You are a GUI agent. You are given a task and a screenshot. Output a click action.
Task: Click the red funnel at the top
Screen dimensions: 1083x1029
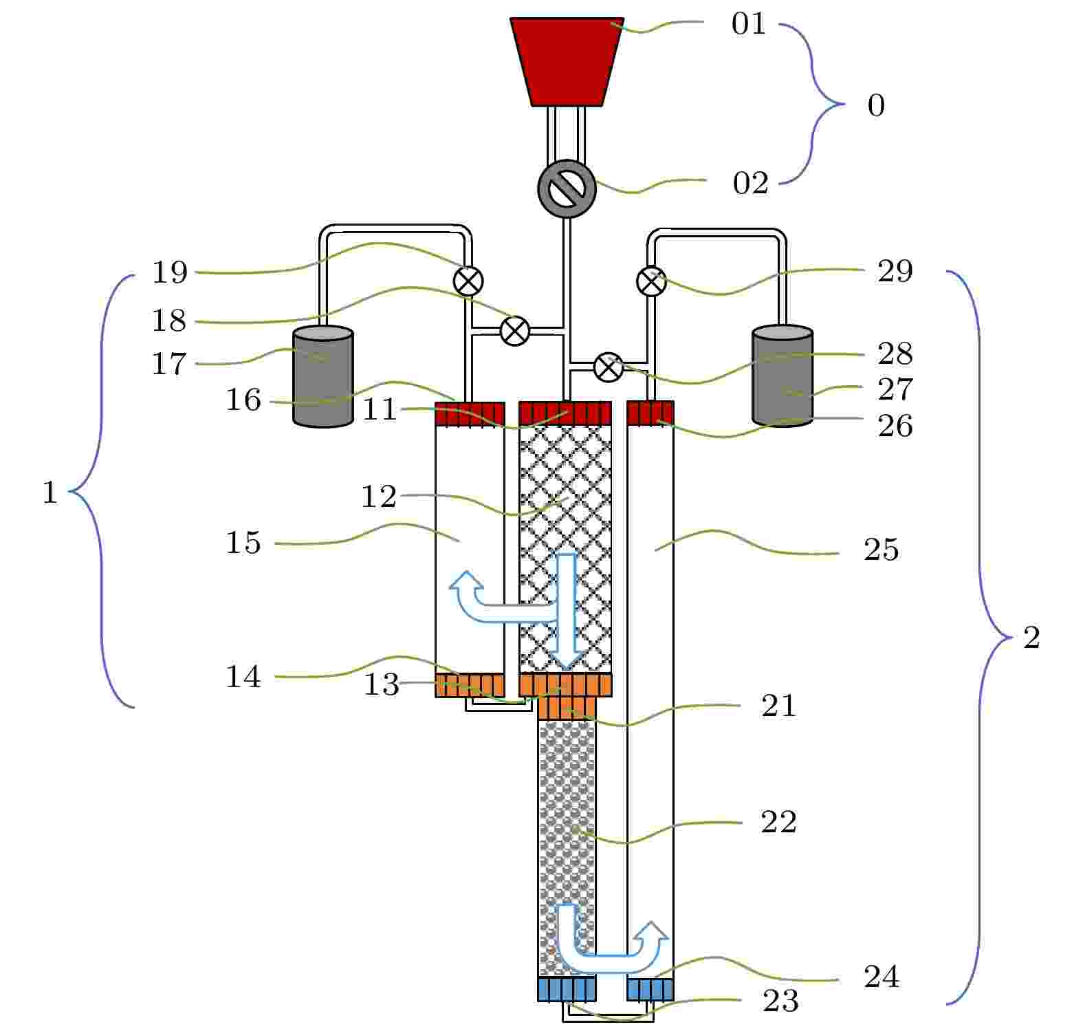(x=567, y=62)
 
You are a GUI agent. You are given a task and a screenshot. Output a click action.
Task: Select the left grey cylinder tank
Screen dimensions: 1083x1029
(x=323, y=376)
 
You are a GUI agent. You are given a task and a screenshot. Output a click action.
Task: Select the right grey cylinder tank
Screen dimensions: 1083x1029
(x=783, y=376)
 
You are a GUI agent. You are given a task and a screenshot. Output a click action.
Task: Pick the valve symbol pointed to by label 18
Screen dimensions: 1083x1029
(x=514, y=331)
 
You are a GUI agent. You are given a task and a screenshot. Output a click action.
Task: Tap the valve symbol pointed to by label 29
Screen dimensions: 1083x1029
(x=652, y=281)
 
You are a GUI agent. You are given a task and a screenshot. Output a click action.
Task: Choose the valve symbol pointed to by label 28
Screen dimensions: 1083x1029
(x=608, y=367)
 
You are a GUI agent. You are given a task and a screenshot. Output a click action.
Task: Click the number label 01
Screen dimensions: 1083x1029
(x=748, y=24)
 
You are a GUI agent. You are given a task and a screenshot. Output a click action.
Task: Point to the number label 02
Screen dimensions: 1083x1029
(x=750, y=184)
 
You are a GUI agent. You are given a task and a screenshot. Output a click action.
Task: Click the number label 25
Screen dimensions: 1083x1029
(x=882, y=550)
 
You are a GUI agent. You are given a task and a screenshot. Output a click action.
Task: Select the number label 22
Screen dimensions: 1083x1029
(x=778, y=822)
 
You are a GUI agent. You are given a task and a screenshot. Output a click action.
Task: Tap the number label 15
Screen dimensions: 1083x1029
(x=243, y=543)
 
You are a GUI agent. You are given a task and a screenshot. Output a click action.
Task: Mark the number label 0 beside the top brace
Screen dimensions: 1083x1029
(x=876, y=106)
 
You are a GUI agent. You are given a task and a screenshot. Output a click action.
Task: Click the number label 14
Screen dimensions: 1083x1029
(x=243, y=678)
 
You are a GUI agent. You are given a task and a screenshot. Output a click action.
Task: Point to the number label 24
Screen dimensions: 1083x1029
(x=882, y=977)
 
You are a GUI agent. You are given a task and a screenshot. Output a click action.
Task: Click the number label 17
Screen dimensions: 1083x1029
(x=169, y=364)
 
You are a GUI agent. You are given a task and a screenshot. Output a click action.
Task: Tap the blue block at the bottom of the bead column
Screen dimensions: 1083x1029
(x=567, y=989)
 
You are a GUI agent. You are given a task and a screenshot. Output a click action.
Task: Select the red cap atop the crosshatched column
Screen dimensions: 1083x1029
(x=565, y=413)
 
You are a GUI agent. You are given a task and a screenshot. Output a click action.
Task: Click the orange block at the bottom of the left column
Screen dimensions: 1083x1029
(x=470, y=685)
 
